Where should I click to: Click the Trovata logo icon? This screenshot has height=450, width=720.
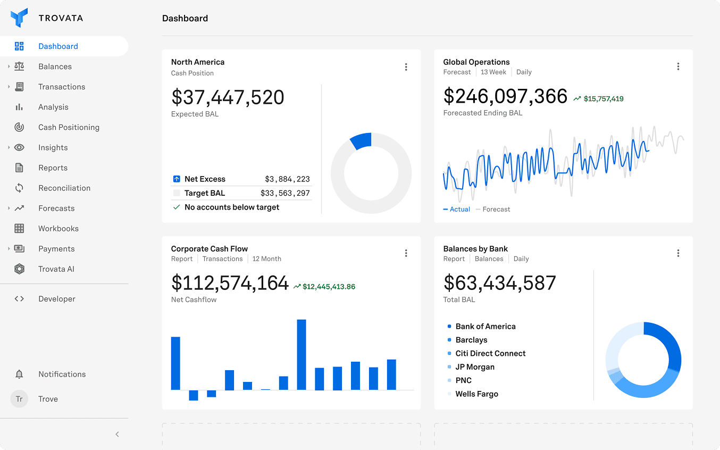click(19, 18)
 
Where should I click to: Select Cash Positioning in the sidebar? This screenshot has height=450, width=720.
click(69, 127)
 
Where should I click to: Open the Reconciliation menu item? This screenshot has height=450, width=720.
click(64, 188)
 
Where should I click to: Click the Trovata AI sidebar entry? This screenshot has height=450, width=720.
click(56, 269)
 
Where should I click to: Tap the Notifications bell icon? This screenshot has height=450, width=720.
click(19, 374)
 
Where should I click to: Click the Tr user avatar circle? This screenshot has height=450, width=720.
click(19, 399)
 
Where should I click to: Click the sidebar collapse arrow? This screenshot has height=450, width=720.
click(117, 435)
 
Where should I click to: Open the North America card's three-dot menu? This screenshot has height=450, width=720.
click(406, 67)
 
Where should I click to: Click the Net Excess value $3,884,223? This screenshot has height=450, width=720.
click(287, 179)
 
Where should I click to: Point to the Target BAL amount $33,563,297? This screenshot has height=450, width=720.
click(285, 193)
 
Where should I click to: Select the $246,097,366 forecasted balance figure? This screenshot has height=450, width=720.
click(505, 96)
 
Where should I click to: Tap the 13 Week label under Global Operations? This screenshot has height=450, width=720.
click(493, 72)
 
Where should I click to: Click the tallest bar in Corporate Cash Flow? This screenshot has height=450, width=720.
click(302, 354)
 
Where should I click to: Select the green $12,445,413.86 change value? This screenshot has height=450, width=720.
click(329, 287)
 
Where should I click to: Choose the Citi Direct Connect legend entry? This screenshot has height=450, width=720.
click(490, 354)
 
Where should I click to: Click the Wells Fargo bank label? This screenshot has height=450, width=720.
click(476, 394)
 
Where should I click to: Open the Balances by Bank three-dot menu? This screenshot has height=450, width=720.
click(678, 253)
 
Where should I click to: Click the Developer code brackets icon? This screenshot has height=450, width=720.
click(19, 299)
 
